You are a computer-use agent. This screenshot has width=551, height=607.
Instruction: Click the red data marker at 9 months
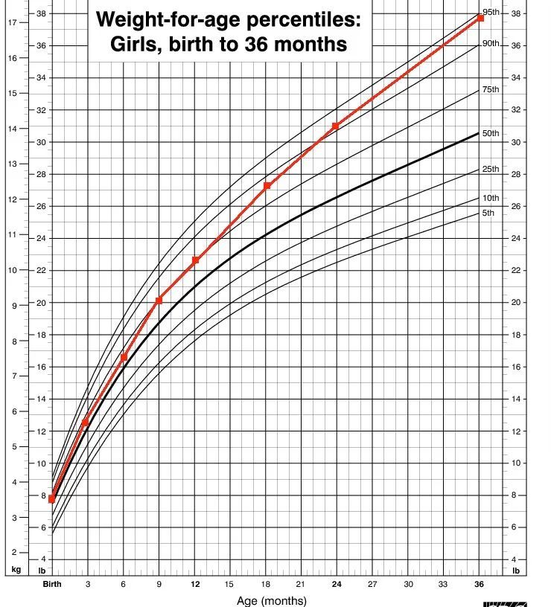(159, 301)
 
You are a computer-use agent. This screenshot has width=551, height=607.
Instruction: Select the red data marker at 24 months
(335, 126)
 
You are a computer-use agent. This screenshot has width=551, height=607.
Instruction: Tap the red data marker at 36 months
(480, 18)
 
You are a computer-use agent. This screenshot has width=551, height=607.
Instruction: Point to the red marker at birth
(51, 499)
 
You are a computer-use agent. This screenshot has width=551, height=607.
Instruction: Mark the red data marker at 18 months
(267, 185)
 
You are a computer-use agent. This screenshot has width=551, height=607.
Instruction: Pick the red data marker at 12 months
(195, 260)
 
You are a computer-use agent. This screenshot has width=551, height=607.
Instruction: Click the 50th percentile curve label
(490, 133)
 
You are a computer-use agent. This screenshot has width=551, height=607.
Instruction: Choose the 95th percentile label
(490, 12)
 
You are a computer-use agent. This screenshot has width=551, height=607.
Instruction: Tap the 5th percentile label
(488, 213)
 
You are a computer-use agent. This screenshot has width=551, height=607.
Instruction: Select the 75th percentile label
(490, 89)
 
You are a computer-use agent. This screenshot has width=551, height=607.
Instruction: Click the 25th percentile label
(490, 169)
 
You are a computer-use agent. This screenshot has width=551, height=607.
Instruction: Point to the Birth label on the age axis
(51, 584)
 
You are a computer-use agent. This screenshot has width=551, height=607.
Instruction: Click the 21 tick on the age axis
(300, 584)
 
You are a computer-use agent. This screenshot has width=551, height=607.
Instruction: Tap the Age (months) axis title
(271, 600)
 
